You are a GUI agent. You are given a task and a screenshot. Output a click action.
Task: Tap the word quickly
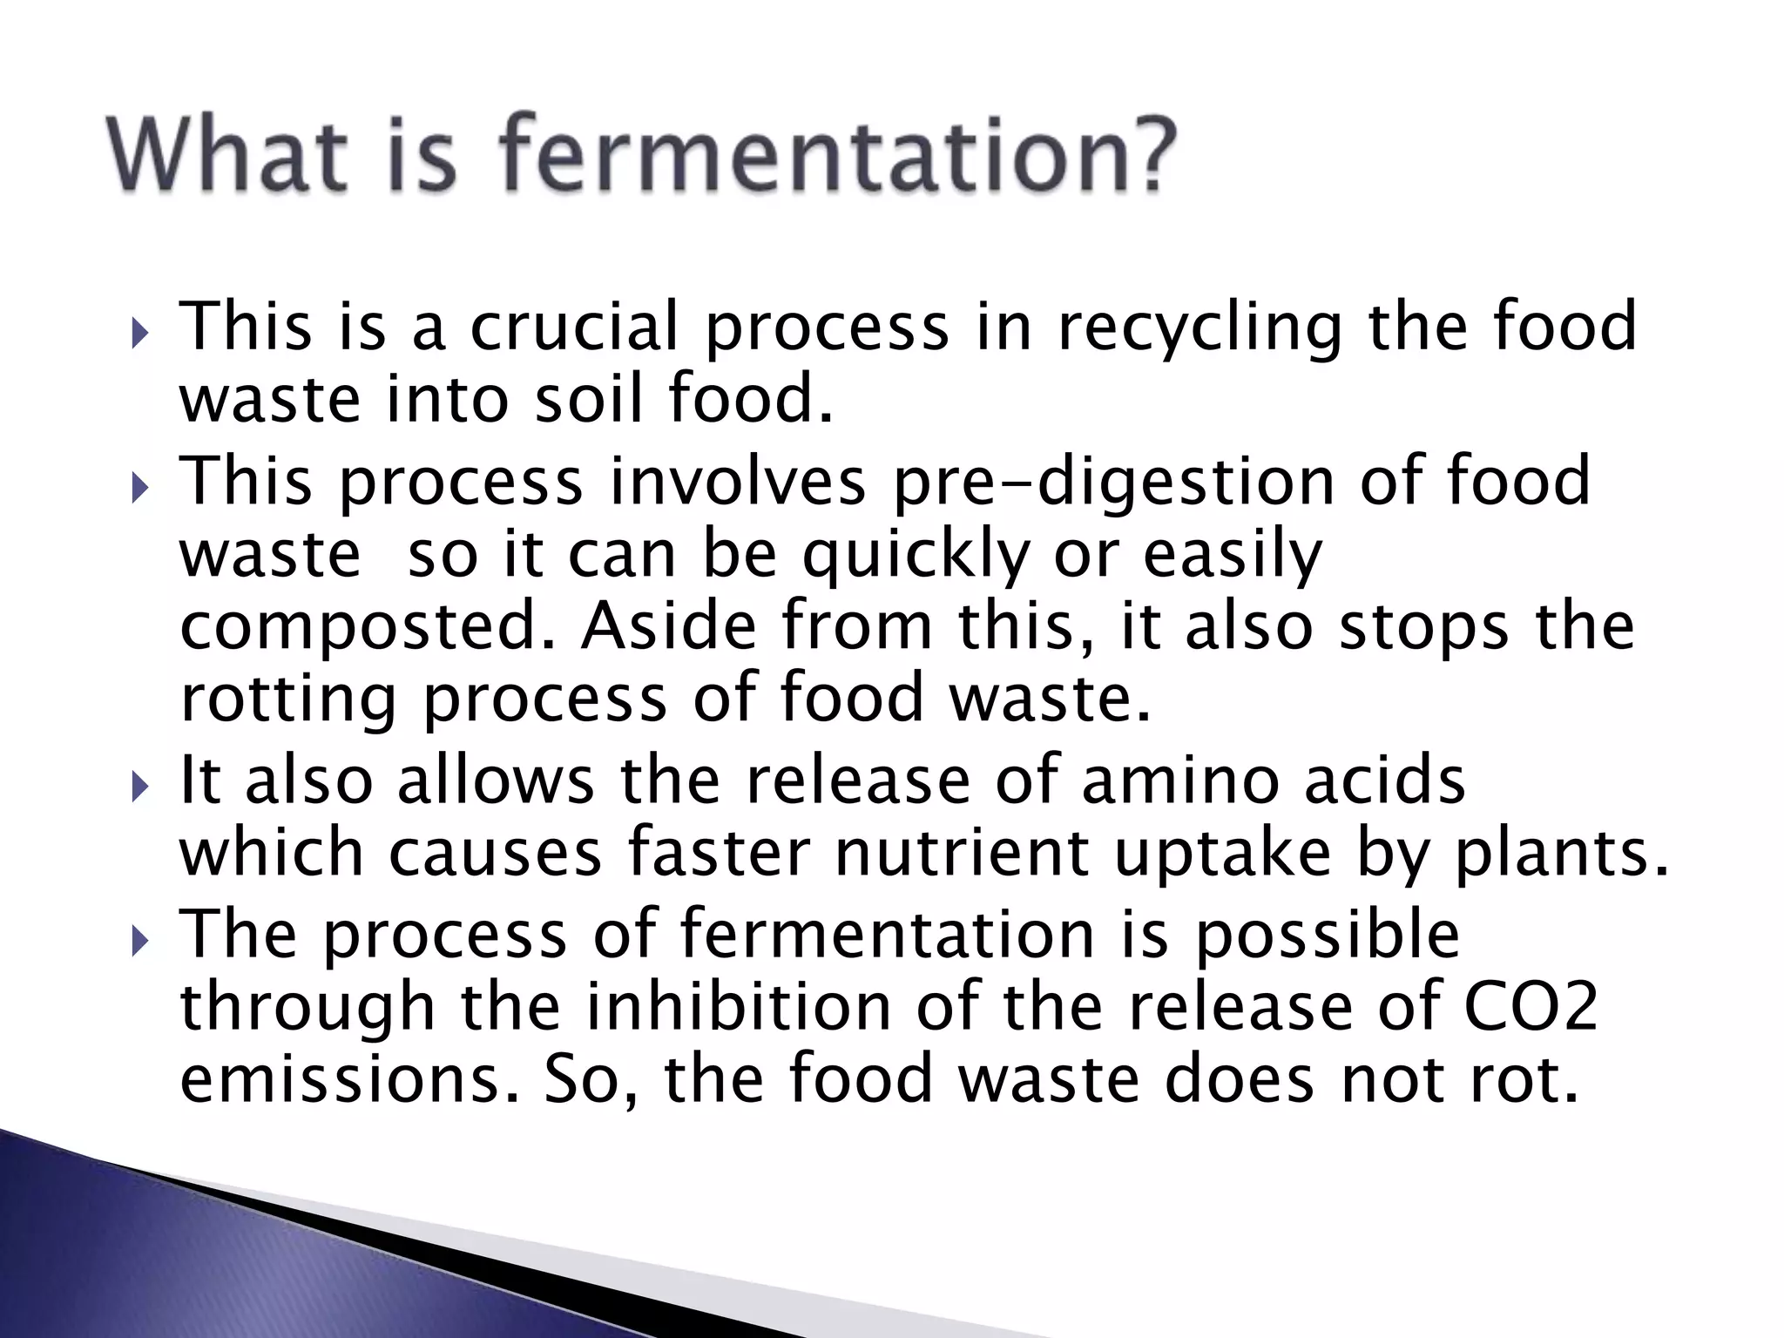coord(916,556)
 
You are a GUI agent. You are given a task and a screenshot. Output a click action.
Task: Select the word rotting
coord(288,700)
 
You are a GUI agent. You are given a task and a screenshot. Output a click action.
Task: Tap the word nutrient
coord(962,853)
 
